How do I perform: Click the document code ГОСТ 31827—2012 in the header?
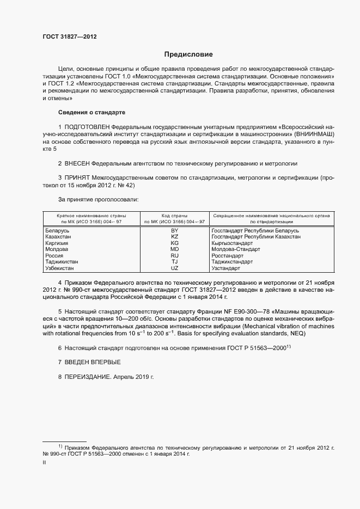click(x=69, y=37)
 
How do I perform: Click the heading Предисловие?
click(x=188, y=54)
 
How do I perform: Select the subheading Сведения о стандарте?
click(x=91, y=112)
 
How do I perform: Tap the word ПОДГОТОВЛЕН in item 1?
click(x=89, y=126)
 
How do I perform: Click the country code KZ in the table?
click(x=174, y=237)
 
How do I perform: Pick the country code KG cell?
click(x=174, y=243)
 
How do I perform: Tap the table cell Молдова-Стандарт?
click(x=235, y=249)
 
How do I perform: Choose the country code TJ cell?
click(x=174, y=262)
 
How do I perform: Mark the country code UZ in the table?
click(x=174, y=268)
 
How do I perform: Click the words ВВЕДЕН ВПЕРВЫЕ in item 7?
click(x=92, y=362)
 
